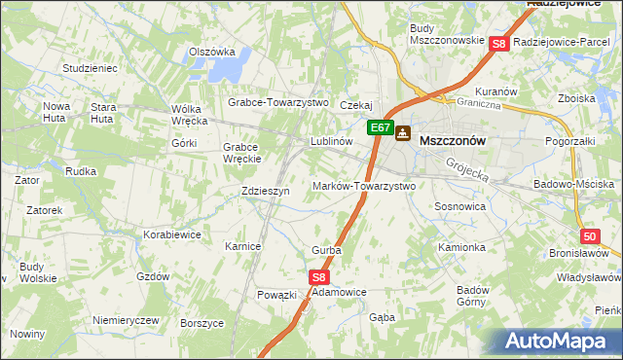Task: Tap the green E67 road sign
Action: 381,127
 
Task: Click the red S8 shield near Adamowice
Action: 321,277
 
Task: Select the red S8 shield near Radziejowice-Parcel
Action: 499,44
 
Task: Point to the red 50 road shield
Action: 589,236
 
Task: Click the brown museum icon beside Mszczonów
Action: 402,135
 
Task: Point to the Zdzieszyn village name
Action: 266,192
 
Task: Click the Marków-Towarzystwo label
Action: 363,186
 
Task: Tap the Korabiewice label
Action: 171,234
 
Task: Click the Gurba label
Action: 326,250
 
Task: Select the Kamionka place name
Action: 461,247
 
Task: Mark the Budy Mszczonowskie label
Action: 447,34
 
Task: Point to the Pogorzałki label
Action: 572,141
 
